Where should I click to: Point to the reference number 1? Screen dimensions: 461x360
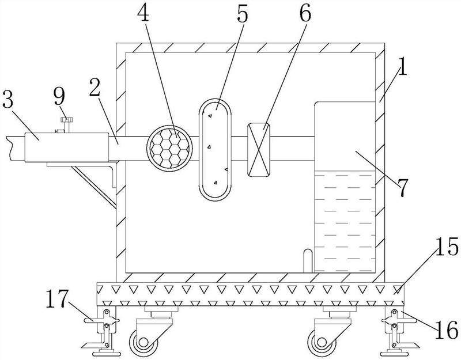pyautogui.click(x=402, y=66)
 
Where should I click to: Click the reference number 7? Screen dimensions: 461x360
pyautogui.click(x=402, y=188)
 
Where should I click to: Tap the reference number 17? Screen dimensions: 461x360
pyautogui.click(x=57, y=298)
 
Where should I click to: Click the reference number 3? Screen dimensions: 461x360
pyautogui.click(x=8, y=98)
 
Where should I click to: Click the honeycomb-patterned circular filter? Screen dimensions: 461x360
pyautogui.click(x=169, y=148)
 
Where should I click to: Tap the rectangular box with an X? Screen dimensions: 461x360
pyautogui.click(x=258, y=150)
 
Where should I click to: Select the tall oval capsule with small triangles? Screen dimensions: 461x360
pyautogui.click(x=215, y=150)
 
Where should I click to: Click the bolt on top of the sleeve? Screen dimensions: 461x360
pyautogui.click(x=67, y=124)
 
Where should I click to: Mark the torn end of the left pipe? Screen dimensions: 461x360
pyautogui.click(x=11, y=148)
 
